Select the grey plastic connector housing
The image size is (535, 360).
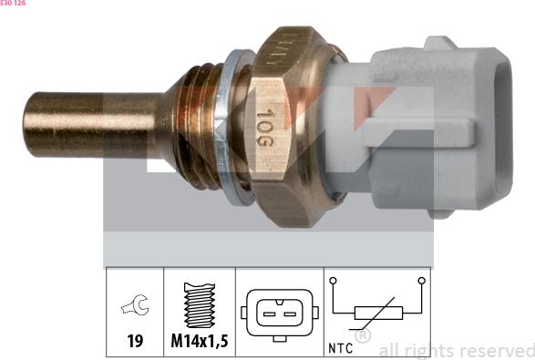pyautogui.click(x=410, y=128)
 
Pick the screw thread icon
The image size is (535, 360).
pyautogui.click(x=199, y=305)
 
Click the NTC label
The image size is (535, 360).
pyautogui.click(x=339, y=347)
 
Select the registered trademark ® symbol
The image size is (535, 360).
pyautogui.click(x=362, y=336)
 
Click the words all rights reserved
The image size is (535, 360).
pyautogui.click(x=457, y=350)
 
